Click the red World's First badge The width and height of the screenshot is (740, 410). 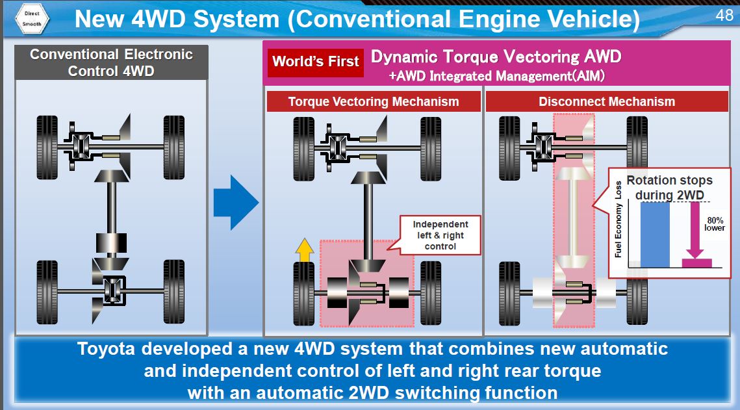(315, 62)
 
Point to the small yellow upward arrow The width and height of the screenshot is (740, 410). (303, 250)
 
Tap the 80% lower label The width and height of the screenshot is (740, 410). (715, 224)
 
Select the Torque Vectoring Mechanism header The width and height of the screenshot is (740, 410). (374, 102)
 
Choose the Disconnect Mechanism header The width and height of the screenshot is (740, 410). (606, 102)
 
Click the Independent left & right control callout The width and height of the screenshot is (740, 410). (440, 235)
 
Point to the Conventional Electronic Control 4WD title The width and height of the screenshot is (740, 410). (111, 62)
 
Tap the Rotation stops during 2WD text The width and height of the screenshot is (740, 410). (669, 188)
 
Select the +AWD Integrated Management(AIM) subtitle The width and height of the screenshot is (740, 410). (497, 77)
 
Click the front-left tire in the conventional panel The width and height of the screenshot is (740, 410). (47, 147)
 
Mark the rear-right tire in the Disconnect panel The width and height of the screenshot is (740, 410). (637, 293)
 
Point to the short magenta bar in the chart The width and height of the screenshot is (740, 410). (696, 263)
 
